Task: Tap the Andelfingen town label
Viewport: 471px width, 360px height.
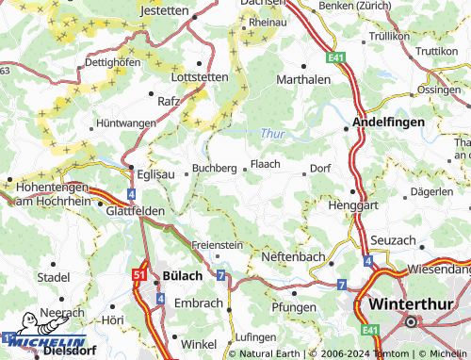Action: (389, 123)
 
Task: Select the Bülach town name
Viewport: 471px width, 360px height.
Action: (183, 275)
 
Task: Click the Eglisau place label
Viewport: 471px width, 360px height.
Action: (155, 174)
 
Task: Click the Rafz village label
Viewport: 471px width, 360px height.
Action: (170, 100)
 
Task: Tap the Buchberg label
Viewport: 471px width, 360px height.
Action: (214, 168)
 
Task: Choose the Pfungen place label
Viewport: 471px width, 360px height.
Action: (293, 308)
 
